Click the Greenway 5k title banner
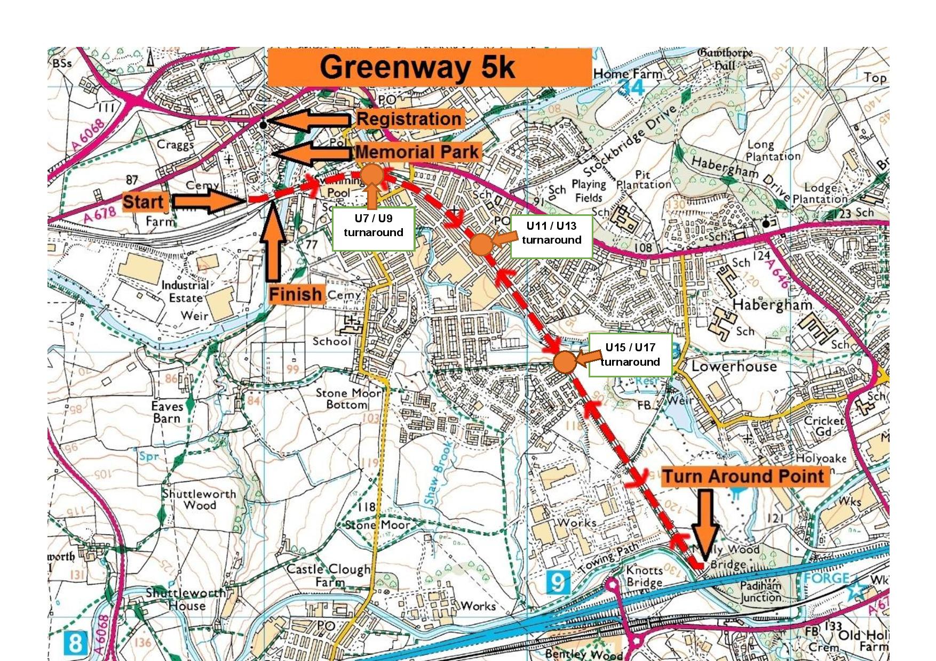pos(430,67)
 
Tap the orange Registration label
pos(409,119)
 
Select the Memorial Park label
pos(417,152)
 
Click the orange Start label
pos(143,202)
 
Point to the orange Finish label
pos(296,294)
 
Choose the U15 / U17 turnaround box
pos(630,355)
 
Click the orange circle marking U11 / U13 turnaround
pos(481,245)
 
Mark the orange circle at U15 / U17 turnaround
pos(565,362)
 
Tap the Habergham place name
pos(772,305)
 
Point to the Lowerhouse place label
pos(734,367)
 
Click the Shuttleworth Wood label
pos(199,499)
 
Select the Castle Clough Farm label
pos(329,575)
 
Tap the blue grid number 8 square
pos(75,643)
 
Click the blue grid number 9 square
pos(558,582)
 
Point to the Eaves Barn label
pos(167,413)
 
